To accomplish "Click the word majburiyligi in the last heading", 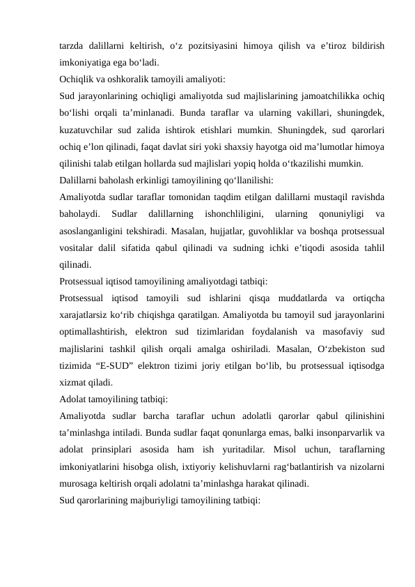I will (x=144, y=503).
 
